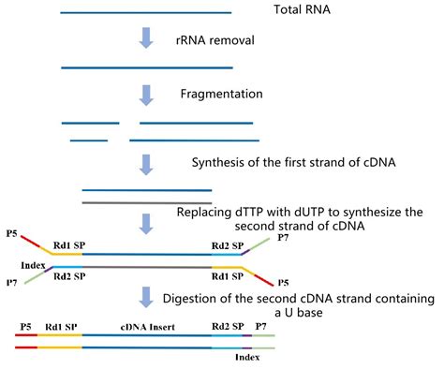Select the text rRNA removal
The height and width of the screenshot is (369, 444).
(220, 41)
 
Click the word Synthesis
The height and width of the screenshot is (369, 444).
(220, 162)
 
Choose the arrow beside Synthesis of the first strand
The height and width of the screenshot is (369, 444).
(146, 163)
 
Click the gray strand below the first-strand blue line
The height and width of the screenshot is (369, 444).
(147, 201)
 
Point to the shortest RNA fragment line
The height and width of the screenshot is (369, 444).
(88, 140)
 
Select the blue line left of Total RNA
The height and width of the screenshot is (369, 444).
(145, 13)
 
